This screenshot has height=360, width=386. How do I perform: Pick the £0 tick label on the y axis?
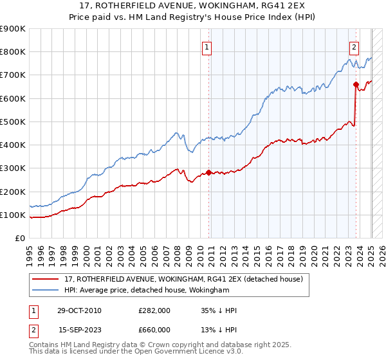pyautogui.click(x=19, y=239)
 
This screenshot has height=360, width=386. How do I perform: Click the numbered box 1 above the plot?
pyautogui.click(x=207, y=46)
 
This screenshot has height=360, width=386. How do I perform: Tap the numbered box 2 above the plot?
pyautogui.click(x=354, y=46)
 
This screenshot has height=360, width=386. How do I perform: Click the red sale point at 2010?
pyautogui.click(x=208, y=172)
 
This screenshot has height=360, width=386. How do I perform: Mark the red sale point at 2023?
pyautogui.click(x=356, y=84)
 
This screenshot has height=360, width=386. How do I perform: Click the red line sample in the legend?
pyautogui.click(x=46, y=279)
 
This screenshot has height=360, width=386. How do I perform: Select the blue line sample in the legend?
pyautogui.click(x=46, y=291)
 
